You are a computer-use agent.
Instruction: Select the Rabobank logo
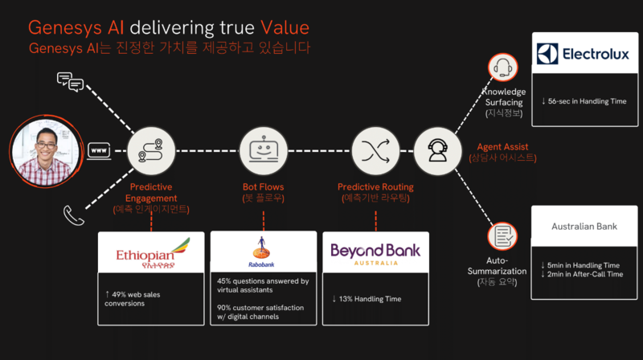pyautogui.click(x=263, y=252)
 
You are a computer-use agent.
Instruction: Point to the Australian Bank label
pyautogui.click(x=584, y=227)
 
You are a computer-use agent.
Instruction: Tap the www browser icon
pyautogui.click(x=100, y=150)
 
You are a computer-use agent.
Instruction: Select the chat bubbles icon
pyautogui.click(x=70, y=80)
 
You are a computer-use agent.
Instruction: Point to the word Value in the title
pyautogui.click(x=281, y=27)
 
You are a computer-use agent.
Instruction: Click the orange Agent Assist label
pyautogui.click(x=502, y=147)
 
